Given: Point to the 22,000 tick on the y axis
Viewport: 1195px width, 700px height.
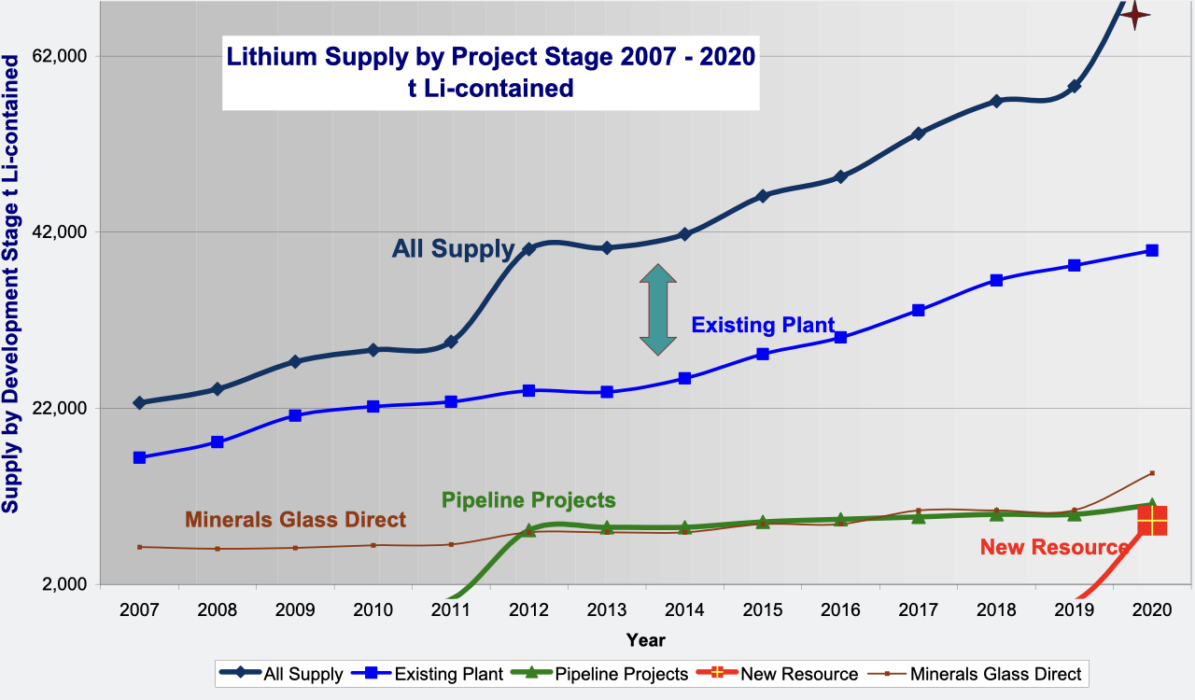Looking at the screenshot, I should [61, 409].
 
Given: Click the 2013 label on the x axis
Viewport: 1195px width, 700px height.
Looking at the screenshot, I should [607, 609].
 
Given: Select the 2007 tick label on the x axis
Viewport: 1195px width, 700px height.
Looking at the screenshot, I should [139, 609].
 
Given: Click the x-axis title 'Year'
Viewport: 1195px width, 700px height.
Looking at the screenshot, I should [646, 640].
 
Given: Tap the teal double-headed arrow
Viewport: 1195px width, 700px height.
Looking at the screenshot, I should [657, 309].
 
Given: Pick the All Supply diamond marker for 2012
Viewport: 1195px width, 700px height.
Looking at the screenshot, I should [528, 249].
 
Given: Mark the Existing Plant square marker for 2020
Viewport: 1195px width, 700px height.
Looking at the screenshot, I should [1152, 250].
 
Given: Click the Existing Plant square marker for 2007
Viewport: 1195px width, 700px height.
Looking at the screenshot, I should [139, 457].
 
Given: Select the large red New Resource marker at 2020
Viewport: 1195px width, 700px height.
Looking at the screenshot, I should [1152, 521].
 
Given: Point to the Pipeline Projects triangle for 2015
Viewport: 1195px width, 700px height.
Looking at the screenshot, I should [763, 522].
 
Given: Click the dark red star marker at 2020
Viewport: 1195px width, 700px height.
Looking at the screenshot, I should [1134, 14].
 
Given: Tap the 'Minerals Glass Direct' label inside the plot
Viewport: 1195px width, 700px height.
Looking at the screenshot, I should [295, 520].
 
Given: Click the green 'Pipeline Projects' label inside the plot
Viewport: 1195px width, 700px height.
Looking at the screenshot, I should [528, 499].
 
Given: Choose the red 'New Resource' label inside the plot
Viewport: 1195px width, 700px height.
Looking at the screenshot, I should [1053, 548].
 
